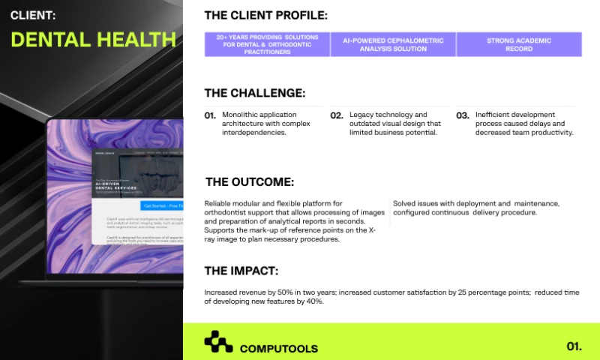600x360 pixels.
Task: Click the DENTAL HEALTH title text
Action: click(x=93, y=39)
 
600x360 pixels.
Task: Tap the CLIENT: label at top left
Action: click(x=32, y=15)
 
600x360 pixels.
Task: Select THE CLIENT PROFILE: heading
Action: click(x=265, y=15)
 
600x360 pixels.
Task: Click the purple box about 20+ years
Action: click(x=267, y=44)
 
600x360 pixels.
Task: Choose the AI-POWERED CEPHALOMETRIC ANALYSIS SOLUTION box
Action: click(x=393, y=44)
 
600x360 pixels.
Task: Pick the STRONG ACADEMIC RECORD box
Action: click(x=518, y=44)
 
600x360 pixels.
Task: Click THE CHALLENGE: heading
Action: click(x=254, y=93)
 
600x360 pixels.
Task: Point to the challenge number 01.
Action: click(x=210, y=116)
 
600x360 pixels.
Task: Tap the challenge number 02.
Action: click(x=337, y=116)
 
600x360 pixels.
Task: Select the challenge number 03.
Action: click(x=463, y=116)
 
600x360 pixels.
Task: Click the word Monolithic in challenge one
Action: click(x=241, y=115)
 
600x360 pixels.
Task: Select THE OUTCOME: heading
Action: click(x=249, y=181)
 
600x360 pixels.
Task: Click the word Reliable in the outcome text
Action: click(x=217, y=203)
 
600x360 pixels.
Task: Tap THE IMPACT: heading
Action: click(x=241, y=271)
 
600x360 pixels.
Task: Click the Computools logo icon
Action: click(x=218, y=342)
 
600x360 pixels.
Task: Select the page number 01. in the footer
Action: click(x=574, y=346)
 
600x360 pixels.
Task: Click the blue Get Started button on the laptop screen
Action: click(x=161, y=205)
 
